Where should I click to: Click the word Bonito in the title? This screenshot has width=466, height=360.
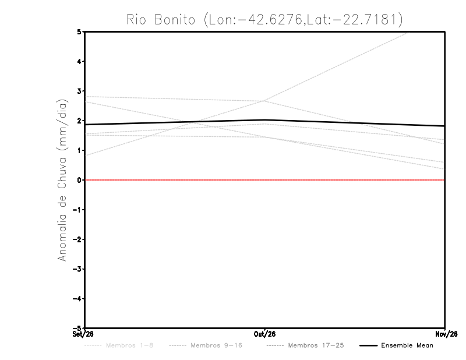tap(175, 20)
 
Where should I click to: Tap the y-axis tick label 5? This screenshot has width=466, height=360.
tap(79, 31)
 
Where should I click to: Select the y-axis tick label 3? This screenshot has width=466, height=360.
tap(79, 91)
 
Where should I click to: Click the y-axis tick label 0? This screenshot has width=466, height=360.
tap(79, 180)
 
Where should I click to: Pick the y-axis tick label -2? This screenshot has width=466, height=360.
tap(77, 239)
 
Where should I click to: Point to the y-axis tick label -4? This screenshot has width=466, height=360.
tap(77, 299)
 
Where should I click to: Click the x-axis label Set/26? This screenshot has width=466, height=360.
tap(83, 334)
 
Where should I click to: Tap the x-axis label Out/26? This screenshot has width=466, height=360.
tap(264, 334)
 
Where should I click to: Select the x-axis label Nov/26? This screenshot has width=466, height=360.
tap(446, 334)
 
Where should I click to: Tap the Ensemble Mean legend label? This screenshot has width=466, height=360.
tap(407, 345)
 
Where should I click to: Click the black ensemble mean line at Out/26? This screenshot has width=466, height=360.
tap(264, 120)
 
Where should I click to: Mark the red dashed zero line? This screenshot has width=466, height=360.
tap(265, 180)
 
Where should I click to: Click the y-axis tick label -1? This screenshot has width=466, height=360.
tap(77, 210)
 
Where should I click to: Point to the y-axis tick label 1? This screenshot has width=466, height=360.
tap(79, 150)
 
